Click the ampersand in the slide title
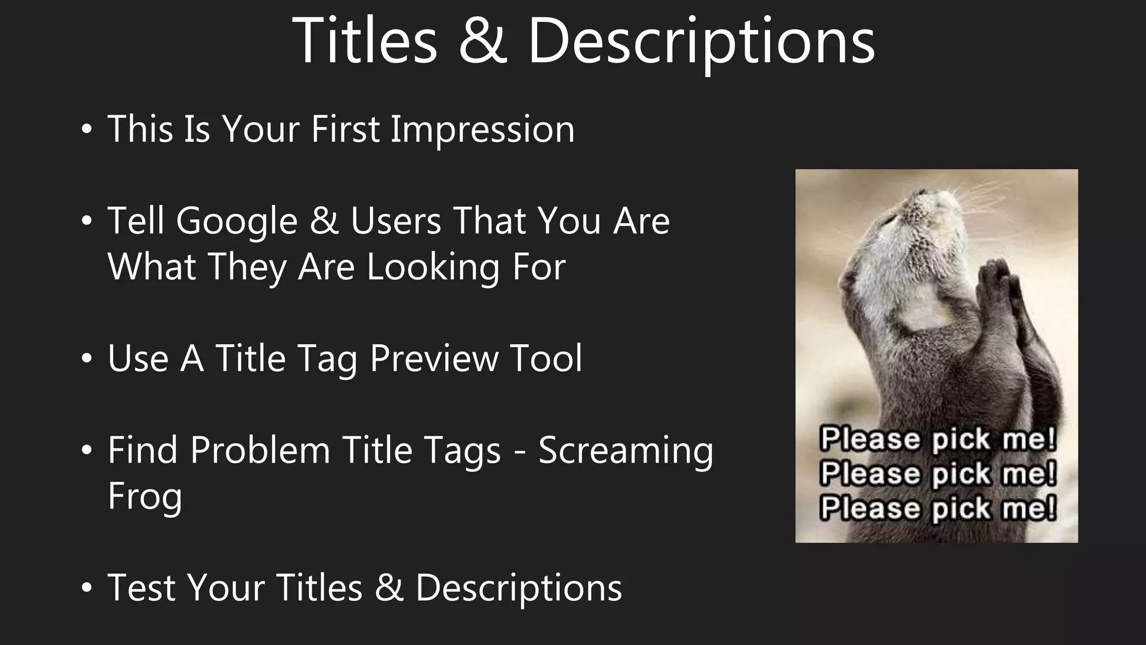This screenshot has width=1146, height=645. (x=483, y=41)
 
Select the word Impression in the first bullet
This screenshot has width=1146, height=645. (x=482, y=130)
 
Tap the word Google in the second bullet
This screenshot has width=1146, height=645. (x=237, y=222)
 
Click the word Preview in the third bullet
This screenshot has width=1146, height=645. (x=434, y=358)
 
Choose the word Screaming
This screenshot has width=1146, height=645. (x=626, y=451)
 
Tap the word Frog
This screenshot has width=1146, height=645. (x=145, y=497)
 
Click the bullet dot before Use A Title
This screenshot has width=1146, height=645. (x=86, y=359)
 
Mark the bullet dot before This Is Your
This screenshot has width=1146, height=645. (x=86, y=129)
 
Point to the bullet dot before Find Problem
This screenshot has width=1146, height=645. (x=86, y=451)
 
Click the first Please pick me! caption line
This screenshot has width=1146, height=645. (x=938, y=439)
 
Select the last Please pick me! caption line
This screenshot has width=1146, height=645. (x=938, y=508)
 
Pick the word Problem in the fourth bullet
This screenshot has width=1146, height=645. (x=260, y=450)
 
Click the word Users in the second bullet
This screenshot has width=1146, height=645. (x=396, y=221)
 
